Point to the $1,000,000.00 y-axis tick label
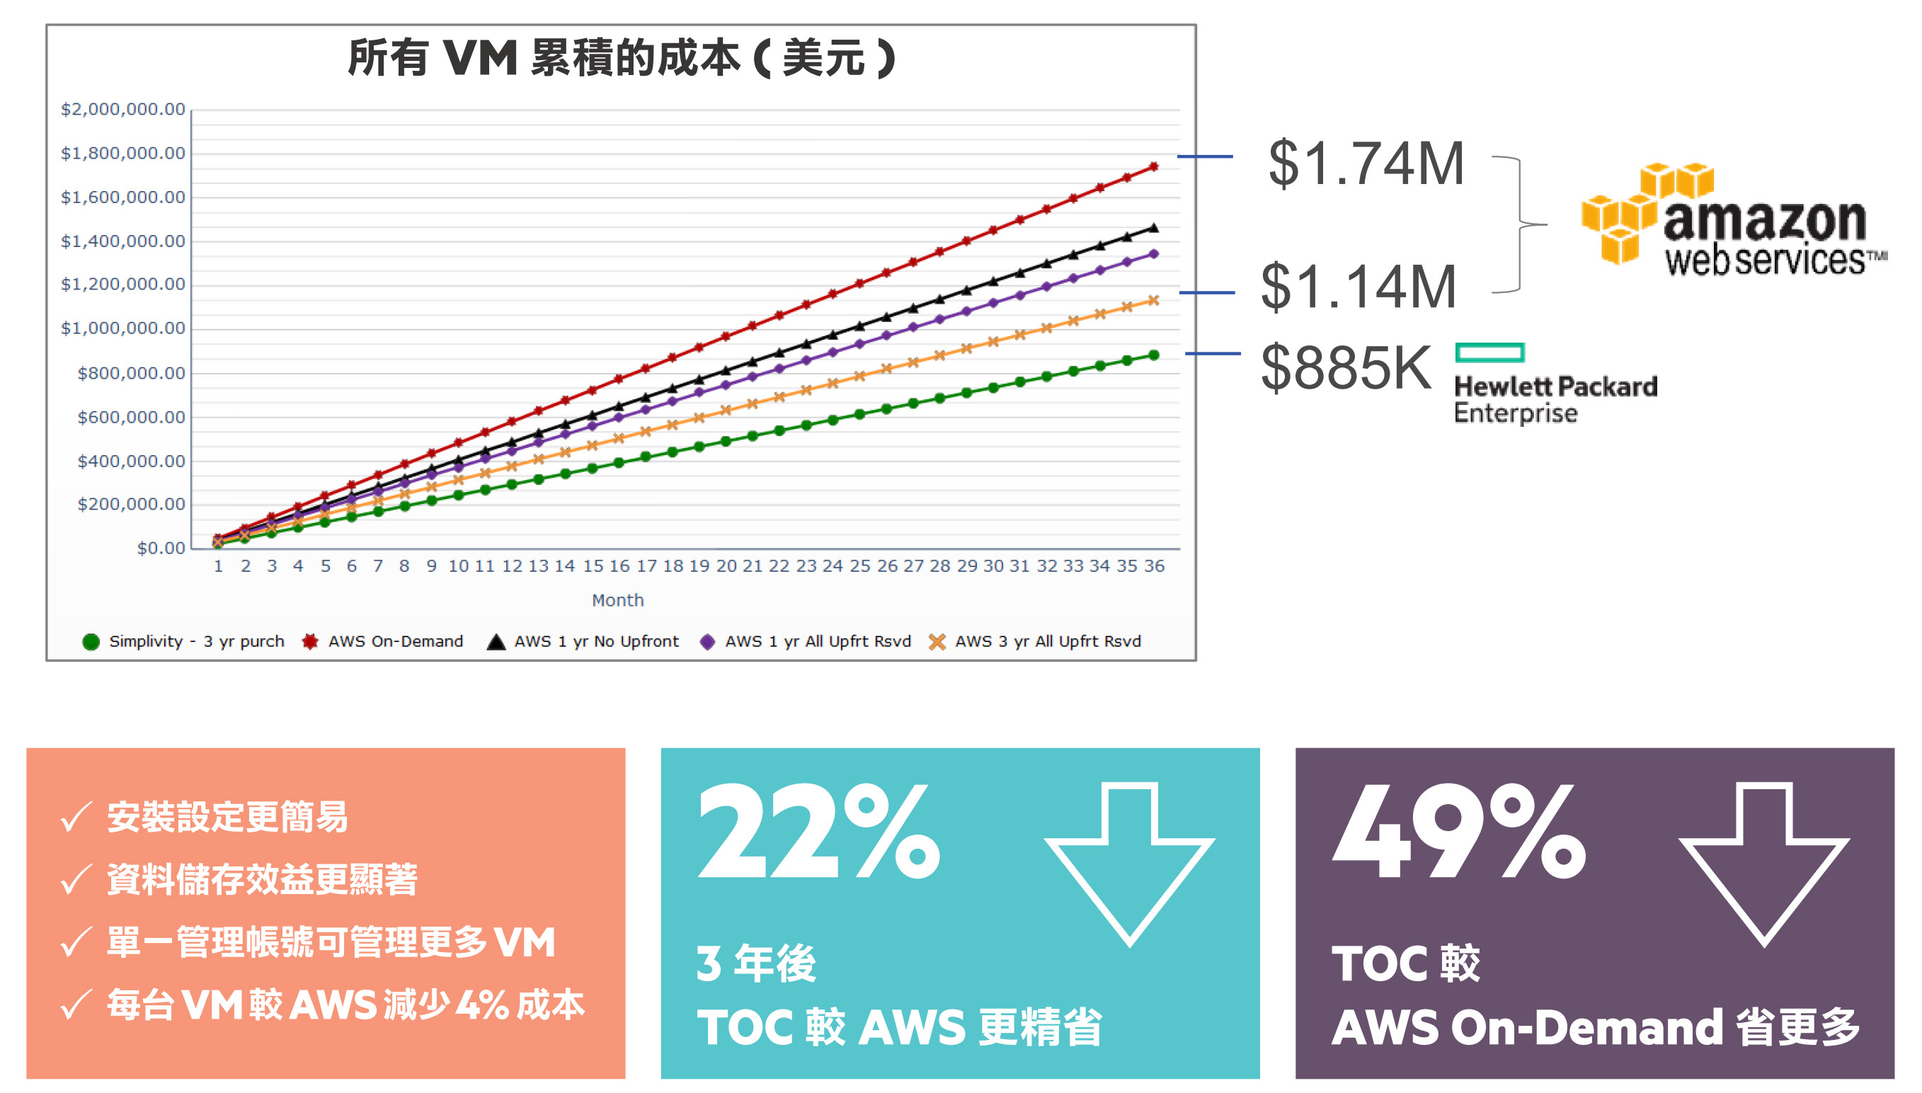point(123,328)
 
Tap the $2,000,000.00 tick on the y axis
point(123,109)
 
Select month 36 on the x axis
point(1153,566)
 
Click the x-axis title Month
point(617,600)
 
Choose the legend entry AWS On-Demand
point(395,642)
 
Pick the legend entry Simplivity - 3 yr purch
point(196,642)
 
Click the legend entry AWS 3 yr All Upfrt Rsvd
point(1047,642)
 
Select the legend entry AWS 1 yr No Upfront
point(596,642)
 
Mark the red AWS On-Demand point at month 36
point(1153,166)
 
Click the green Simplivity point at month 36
point(1153,355)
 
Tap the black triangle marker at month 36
point(1153,227)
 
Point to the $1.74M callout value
point(1366,163)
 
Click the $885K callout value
point(1346,367)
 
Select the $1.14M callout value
point(1358,287)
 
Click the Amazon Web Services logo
point(1734,219)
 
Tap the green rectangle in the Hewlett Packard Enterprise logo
point(1489,352)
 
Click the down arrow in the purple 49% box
point(1763,864)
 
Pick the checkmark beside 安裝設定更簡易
point(76,818)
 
